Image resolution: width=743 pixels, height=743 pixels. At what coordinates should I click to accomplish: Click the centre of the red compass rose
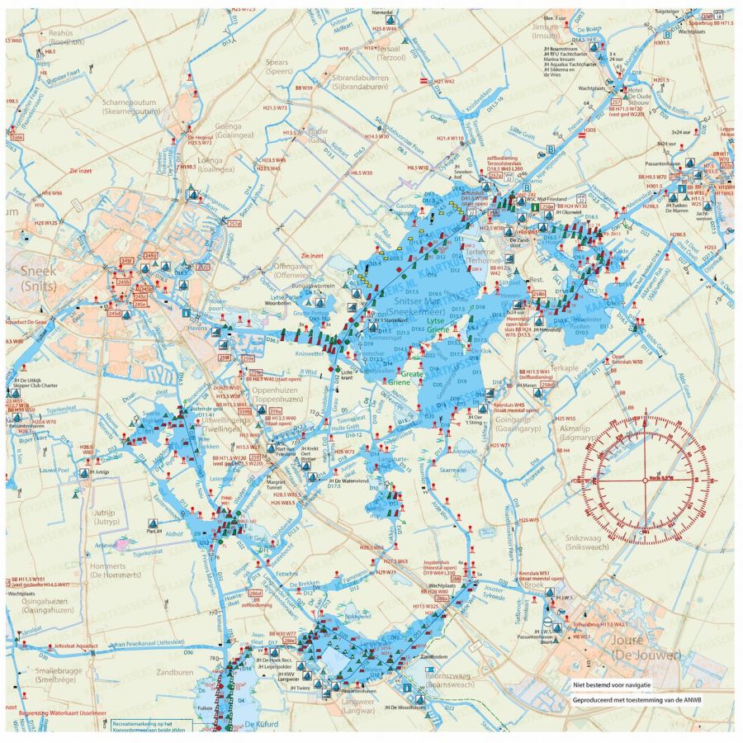click(646, 476)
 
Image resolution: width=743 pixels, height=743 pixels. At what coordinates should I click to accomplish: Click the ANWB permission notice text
click(638, 700)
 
